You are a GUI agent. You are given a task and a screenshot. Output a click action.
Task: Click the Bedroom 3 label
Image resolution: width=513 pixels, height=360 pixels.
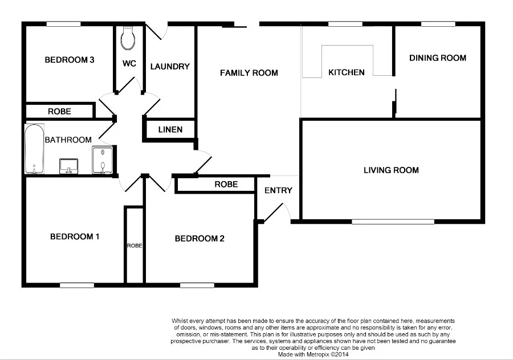(x=70, y=60)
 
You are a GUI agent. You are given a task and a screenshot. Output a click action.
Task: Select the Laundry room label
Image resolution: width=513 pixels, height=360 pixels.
(x=170, y=67)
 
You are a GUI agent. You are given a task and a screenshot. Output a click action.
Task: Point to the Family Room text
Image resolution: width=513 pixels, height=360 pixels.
(x=249, y=73)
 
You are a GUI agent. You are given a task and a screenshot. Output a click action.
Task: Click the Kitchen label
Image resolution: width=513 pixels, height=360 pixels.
(x=346, y=72)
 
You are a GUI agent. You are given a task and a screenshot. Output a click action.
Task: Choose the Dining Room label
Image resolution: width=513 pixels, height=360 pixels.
(x=438, y=58)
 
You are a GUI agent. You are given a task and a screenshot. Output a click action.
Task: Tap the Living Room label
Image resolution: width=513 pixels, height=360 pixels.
(x=391, y=170)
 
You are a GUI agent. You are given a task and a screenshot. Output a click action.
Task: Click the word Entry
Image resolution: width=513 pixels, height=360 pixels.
(x=278, y=190)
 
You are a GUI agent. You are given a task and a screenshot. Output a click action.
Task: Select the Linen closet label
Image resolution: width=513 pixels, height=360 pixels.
(x=170, y=130)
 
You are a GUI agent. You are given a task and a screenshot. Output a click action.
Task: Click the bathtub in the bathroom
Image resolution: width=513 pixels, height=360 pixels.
(x=35, y=149)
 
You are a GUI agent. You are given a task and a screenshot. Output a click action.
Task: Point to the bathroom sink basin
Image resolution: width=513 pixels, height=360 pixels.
(x=68, y=166)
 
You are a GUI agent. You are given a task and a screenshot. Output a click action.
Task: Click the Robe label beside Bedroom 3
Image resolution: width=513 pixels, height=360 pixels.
(x=59, y=112)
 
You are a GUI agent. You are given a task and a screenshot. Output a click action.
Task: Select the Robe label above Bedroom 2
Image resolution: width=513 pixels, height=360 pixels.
(x=226, y=185)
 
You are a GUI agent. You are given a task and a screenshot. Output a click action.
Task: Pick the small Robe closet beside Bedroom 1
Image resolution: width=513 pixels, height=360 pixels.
(x=135, y=245)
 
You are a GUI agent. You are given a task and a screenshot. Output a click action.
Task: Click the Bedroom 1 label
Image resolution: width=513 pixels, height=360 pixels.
(x=75, y=236)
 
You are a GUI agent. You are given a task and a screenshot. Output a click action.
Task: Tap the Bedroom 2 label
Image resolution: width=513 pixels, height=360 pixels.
(x=199, y=239)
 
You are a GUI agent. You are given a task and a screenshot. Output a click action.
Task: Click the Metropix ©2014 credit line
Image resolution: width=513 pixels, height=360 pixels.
(x=313, y=354)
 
